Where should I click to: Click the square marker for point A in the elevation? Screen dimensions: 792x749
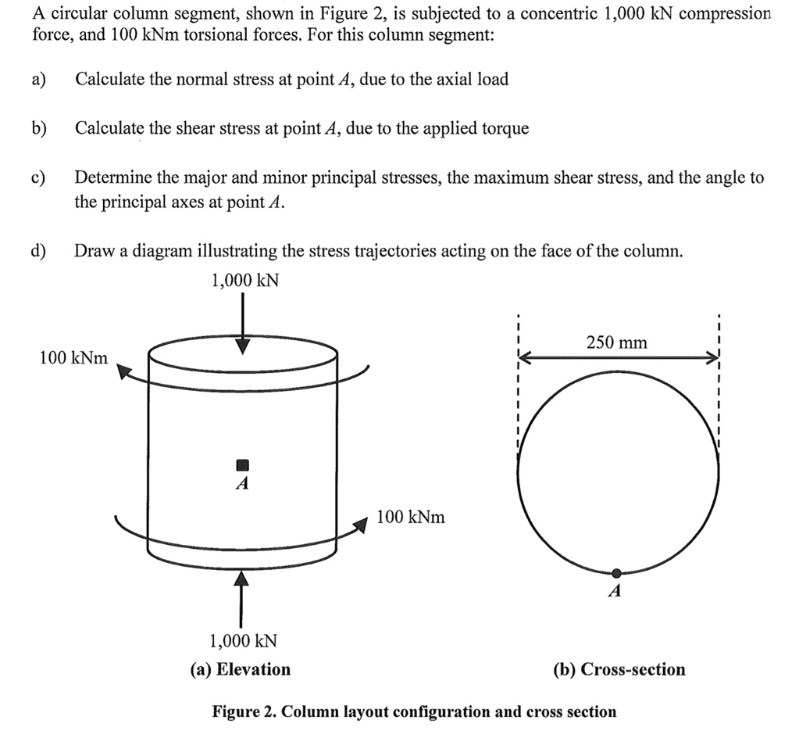[x=242, y=464]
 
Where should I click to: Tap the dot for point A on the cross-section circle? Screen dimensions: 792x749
[x=616, y=573]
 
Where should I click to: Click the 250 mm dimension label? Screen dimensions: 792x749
[x=616, y=342]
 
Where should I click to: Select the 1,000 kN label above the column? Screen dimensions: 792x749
[x=244, y=280]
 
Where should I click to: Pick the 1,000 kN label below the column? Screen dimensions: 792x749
[x=243, y=641]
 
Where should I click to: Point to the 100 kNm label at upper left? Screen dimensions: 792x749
[x=73, y=358]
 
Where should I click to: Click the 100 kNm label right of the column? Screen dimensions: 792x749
[x=411, y=517]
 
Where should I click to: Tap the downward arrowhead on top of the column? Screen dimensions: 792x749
[x=243, y=346]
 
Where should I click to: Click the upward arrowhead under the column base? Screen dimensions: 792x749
[x=242, y=579]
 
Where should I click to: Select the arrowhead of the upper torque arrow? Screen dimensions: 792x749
[x=123, y=371]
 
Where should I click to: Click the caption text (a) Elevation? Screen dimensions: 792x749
[x=241, y=669]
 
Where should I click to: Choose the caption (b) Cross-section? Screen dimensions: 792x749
[x=619, y=669]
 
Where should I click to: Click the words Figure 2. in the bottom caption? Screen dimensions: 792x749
[x=244, y=711]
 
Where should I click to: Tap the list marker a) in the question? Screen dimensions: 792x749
[x=38, y=79]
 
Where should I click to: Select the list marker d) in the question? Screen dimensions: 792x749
[x=38, y=251]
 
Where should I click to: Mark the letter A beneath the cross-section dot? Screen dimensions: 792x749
[x=615, y=593]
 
